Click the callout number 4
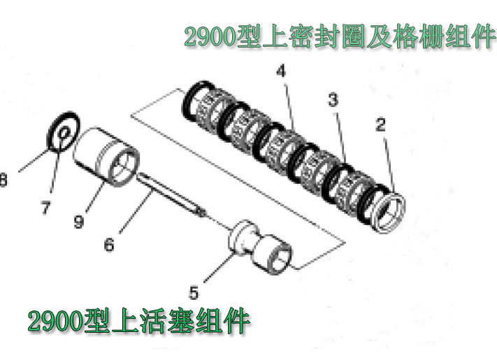tap(281, 71)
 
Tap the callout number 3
tap(333, 99)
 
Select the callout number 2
tap(380, 124)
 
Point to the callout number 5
tap(194, 292)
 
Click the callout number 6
tap(109, 245)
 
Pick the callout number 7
tap(45, 208)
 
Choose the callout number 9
tap(79, 221)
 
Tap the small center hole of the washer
tap(64, 133)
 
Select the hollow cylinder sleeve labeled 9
tap(106, 157)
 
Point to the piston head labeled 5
tap(260, 247)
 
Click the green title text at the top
tap(340, 37)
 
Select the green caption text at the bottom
tap(139, 321)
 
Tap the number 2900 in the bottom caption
tap(55, 322)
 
